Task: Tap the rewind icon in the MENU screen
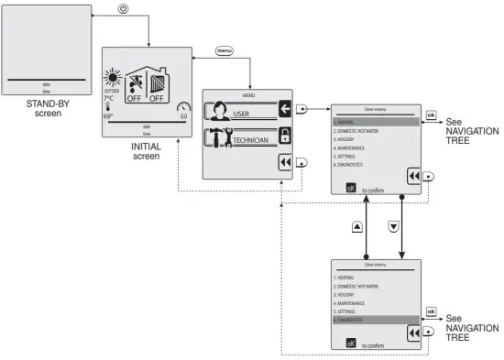tap(284, 161)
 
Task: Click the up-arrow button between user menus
tap(356, 226)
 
